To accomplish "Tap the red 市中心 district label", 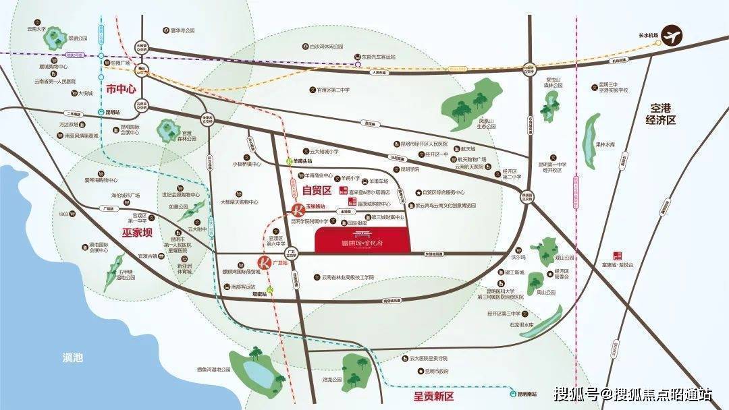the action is (121, 89).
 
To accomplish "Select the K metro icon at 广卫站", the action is (263, 262).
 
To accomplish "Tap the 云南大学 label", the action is (35, 28).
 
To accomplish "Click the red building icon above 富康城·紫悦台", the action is (616, 255).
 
